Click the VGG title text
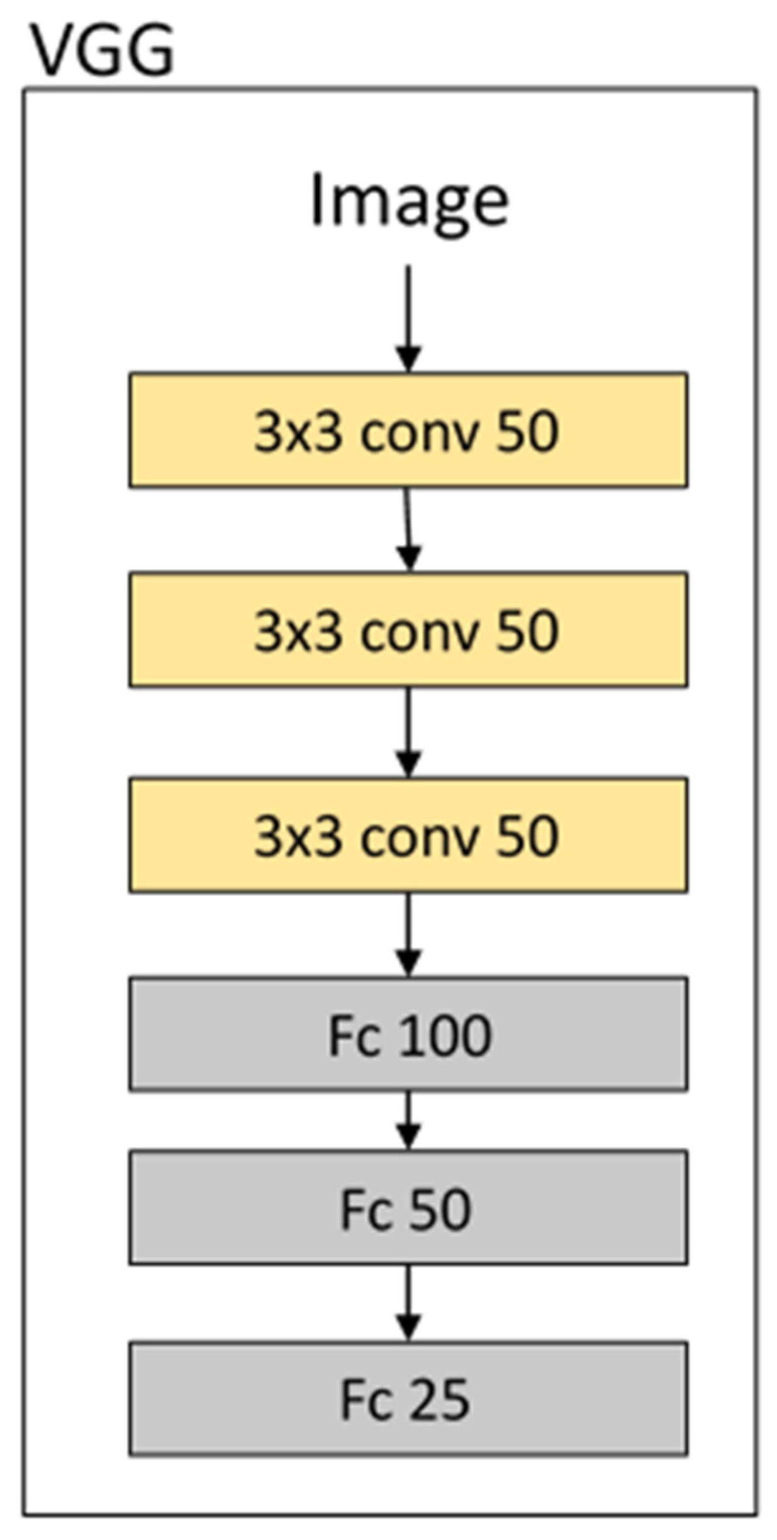[103, 50]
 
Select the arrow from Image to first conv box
[408, 318]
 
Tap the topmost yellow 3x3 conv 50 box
[408, 430]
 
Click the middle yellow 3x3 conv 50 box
[408, 629]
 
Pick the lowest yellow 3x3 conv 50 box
[408, 835]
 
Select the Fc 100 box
[408, 1034]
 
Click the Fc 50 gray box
[408, 1208]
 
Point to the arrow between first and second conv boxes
[408, 529]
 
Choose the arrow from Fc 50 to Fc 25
[408, 1303]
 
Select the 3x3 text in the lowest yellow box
[298, 836]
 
